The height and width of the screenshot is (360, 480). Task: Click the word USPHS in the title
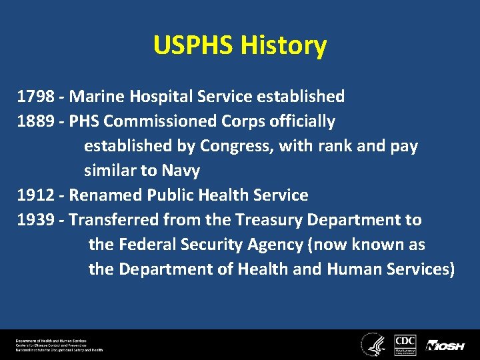point(193,46)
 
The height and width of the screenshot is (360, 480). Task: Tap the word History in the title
point(283,46)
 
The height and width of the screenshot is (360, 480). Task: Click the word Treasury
point(294,220)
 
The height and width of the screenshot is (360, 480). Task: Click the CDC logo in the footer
point(405,343)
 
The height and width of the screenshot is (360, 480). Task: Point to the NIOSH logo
point(445,345)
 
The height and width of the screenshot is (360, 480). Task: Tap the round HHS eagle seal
point(371,343)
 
